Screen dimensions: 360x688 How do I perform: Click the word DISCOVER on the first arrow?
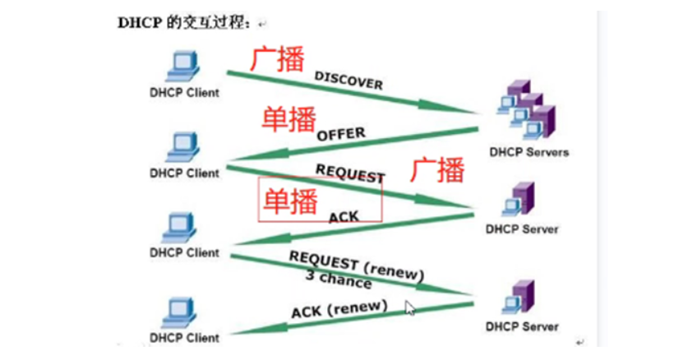(x=349, y=81)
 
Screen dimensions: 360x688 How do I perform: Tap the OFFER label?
(x=340, y=134)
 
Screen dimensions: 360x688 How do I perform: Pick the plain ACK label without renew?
(x=344, y=216)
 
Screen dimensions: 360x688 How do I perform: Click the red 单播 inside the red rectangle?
(x=289, y=200)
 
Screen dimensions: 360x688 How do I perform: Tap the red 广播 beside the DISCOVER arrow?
(x=277, y=60)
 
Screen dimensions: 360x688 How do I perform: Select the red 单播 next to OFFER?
(x=289, y=120)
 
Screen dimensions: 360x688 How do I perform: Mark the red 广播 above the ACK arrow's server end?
(x=437, y=169)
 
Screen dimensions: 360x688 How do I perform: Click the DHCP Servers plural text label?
(x=529, y=152)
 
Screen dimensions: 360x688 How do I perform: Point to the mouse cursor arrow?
(x=410, y=307)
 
